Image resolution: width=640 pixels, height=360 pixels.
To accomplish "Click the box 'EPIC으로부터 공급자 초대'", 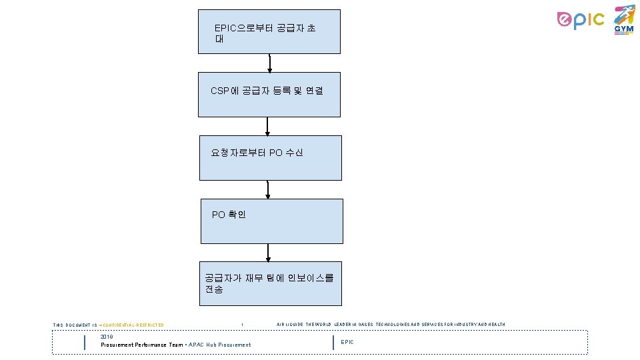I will tap(269, 31).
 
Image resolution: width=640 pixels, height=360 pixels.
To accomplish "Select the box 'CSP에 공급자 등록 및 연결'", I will tap(269, 95).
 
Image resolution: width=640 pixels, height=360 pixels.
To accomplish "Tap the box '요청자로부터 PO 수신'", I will tap(270, 158).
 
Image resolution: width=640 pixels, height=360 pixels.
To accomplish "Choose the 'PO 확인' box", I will tap(271, 221).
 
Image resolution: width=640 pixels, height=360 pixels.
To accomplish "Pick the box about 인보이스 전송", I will tap(270, 283).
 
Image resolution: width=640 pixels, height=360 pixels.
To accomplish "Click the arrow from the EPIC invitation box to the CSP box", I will tap(269, 63).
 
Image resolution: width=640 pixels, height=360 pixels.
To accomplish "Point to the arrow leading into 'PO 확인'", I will tap(268, 189).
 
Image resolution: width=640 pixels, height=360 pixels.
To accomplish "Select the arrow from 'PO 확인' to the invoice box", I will tap(268, 252).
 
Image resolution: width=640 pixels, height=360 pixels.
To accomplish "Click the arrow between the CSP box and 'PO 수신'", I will tap(267, 126).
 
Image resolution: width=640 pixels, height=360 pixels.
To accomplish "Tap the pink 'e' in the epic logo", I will tap(565, 21).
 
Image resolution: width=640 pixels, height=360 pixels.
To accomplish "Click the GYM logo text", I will tap(624, 29).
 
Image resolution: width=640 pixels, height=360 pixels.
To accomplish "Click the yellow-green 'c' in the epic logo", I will tap(598, 20).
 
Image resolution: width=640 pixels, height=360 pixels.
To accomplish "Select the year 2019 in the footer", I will tap(107, 337).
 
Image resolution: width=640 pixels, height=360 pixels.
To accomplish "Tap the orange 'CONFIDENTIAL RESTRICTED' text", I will tap(133, 325).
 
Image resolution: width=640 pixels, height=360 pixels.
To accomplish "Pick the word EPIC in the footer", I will tap(347, 342).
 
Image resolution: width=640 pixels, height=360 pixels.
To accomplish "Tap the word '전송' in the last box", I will tap(214, 289).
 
